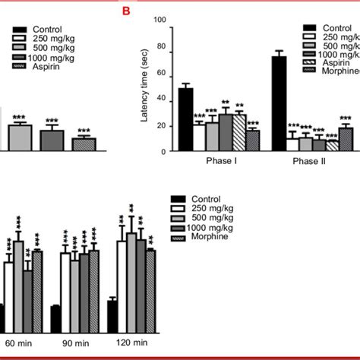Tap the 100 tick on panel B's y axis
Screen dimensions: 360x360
tap(159, 23)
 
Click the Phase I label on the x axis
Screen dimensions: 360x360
tap(218, 162)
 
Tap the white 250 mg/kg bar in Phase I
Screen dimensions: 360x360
tap(198, 137)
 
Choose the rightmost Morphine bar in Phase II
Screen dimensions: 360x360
tap(346, 140)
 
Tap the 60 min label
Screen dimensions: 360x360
tap(18, 343)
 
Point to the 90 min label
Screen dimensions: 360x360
tap(74, 343)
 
